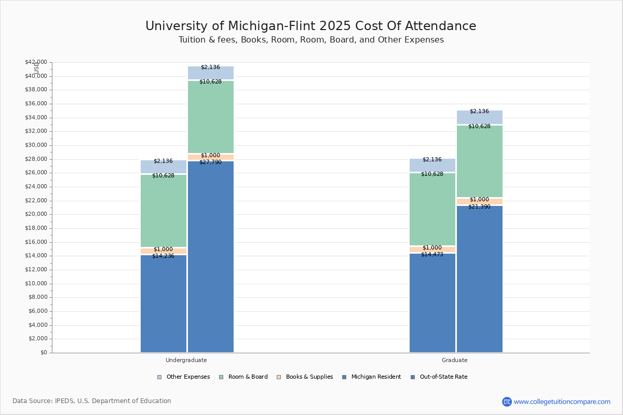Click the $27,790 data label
click(x=210, y=162)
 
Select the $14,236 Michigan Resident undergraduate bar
click(x=164, y=306)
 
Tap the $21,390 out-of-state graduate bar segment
click(x=479, y=280)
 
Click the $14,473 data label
click(x=432, y=254)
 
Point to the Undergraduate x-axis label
click(x=186, y=360)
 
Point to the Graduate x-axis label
click(x=455, y=360)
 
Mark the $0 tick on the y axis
click(x=43, y=353)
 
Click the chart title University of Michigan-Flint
click(x=310, y=26)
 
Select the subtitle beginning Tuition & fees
click(x=310, y=40)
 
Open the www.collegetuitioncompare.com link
click(x=562, y=402)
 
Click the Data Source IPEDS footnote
click(x=92, y=401)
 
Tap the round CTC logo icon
click(x=507, y=402)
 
